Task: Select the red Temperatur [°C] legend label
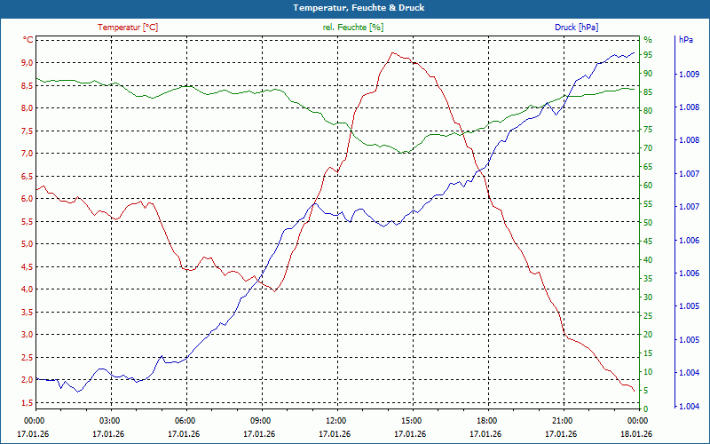pyautogui.click(x=128, y=28)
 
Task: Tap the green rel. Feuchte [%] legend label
pyautogui.click(x=353, y=28)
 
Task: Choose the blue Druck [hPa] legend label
pyautogui.click(x=576, y=28)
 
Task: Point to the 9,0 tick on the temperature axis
pyautogui.click(x=26, y=63)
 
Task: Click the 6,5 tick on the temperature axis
pyautogui.click(x=26, y=177)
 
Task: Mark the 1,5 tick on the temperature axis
pyautogui.click(x=26, y=403)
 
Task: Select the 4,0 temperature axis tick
pyautogui.click(x=26, y=289)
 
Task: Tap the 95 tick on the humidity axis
pyautogui.click(x=648, y=55)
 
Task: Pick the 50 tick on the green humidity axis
pyautogui.click(x=648, y=223)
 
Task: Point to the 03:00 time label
pyautogui.click(x=109, y=420)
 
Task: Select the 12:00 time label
pyautogui.click(x=336, y=420)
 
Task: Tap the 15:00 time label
pyautogui.click(x=412, y=420)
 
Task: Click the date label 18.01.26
pyautogui.click(x=637, y=433)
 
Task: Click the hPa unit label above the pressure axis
pyautogui.click(x=686, y=40)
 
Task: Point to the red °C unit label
pyautogui.click(x=28, y=40)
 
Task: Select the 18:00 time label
pyautogui.click(x=487, y=420)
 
